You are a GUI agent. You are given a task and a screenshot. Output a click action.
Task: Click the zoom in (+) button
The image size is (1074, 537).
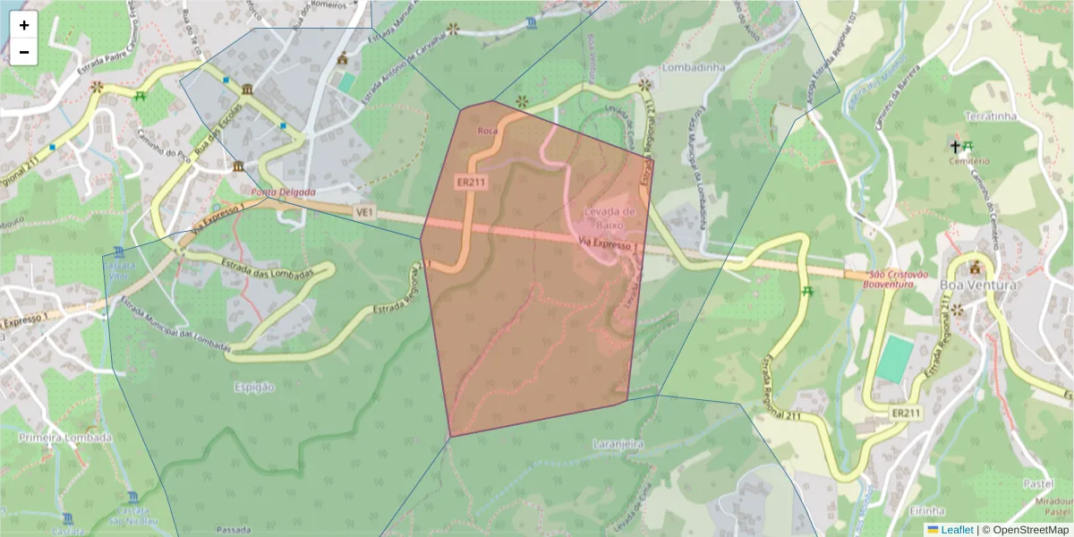click(x=24, y=25)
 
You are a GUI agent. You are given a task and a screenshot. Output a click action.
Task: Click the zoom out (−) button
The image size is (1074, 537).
click(x=24, y=52)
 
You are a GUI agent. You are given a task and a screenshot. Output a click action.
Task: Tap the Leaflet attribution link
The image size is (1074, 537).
click(x=956, y=530)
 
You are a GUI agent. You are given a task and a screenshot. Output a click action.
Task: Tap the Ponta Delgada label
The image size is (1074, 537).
click(x=283, y=192)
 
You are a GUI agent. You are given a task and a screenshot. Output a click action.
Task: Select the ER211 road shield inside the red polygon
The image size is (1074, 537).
click(x=471, y=182)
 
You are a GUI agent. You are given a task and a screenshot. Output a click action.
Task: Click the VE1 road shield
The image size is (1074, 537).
click(x=363, y=212)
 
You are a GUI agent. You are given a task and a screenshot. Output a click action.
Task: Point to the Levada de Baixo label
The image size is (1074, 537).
click(x=609, y=217)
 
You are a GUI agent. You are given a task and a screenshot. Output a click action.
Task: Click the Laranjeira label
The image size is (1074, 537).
click(x=618, y=443)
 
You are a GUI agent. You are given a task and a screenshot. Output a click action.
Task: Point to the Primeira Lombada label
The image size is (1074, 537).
click(x=65, y=438)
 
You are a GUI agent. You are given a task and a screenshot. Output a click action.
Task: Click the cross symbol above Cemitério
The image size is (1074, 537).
click(x=955, y=145)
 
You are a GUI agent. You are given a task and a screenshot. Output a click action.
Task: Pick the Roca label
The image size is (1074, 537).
click(x=488, y=131)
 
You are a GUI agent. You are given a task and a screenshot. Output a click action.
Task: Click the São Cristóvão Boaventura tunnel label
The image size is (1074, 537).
click(x=891, y=279)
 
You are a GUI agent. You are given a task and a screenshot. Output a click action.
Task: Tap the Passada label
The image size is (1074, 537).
click(x=234, y=530)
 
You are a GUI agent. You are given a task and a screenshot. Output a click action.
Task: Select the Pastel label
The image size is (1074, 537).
click(x=1038, y=482)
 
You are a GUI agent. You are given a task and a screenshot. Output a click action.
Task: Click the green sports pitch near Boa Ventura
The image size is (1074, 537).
click(x=892, y=360)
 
